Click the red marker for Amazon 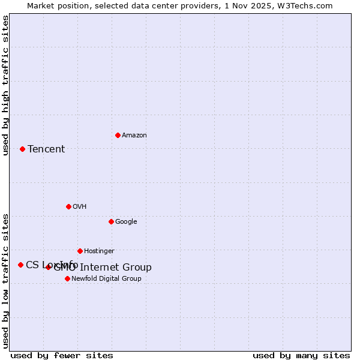[118, 135]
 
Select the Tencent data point [22, 149]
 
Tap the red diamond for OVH [68, 206]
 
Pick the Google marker [111, 221]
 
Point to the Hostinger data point [80, 251]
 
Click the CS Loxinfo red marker [20, 265]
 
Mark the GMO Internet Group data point [49, 267]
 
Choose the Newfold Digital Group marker [67, 278]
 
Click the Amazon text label [134, 135]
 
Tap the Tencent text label [46, 149]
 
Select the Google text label [126, 221]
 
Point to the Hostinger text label [99, 251]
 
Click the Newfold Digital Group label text [106, 278]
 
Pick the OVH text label [80, 206]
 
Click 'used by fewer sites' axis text [62, 355]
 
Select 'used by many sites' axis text [301, 355]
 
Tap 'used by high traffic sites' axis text [5, 85]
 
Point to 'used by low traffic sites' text [5, 281]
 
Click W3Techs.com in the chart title [305, 5]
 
